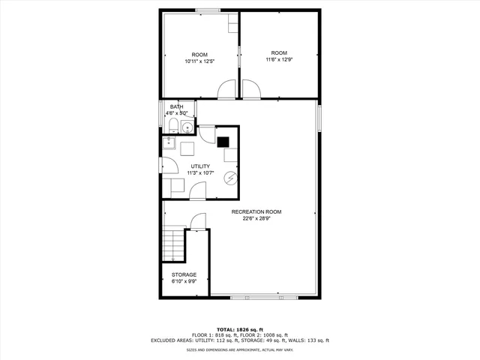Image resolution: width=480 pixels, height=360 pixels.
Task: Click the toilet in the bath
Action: [x=173, y=124]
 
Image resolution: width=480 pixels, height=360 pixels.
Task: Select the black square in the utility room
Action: [x=223, y=139]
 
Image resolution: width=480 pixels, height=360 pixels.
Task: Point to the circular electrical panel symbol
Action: [x=230, y=178]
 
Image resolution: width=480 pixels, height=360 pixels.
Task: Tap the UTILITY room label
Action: [x=200, y=166]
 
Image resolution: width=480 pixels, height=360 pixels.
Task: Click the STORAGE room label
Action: [x=184, y=275]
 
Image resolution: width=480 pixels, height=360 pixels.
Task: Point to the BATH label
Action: [x=176, y=107]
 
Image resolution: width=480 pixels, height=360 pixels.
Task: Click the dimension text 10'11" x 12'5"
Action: [x=199, y=61]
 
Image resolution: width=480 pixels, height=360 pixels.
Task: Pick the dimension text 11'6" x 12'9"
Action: [x=279, y=60]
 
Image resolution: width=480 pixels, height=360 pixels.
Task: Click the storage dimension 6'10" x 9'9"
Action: [x=184, y=282]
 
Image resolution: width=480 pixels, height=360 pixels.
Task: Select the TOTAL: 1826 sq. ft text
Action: [x=239, y=330]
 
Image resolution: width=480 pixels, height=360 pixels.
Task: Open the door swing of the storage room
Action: [x=197, y=221]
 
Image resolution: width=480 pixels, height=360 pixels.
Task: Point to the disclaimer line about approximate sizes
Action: [x=239, y=349]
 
